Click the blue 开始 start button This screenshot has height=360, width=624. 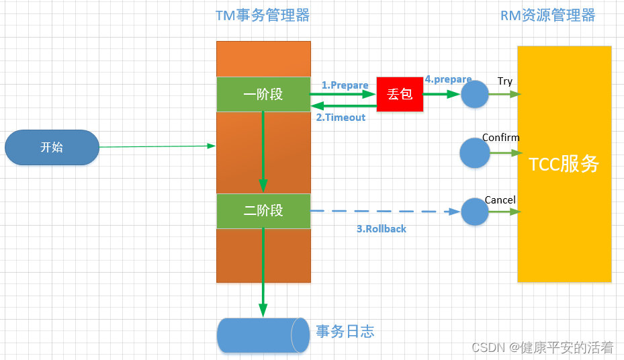click(x=52, y=147)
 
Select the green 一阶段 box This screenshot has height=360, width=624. click(x=263, y=95)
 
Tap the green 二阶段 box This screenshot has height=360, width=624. click(x=263, y=211)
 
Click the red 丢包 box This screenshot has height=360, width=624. click(x=400, y=95)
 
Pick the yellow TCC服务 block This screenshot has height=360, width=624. click(x=564, y=164)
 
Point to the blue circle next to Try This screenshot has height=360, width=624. click(x=475, y=95)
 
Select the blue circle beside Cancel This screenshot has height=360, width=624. click(x=475, y=212)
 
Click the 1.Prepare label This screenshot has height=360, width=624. click(x=345, y=85)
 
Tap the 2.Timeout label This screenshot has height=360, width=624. click(x=341, y=118)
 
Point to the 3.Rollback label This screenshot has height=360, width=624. click(x=381, y=229)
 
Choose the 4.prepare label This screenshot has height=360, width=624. click(x=448, y=79)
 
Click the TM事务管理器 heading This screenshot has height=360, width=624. click(x=263, y=15)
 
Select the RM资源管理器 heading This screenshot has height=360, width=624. click(x=547, y=15)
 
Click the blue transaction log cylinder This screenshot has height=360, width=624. click(x=259, y=334)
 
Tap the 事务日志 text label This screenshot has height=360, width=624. click(x=345, y=331)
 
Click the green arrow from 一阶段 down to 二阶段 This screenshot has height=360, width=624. click(x=263, y=151)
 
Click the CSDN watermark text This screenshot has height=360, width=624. click(x=542, y=347)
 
